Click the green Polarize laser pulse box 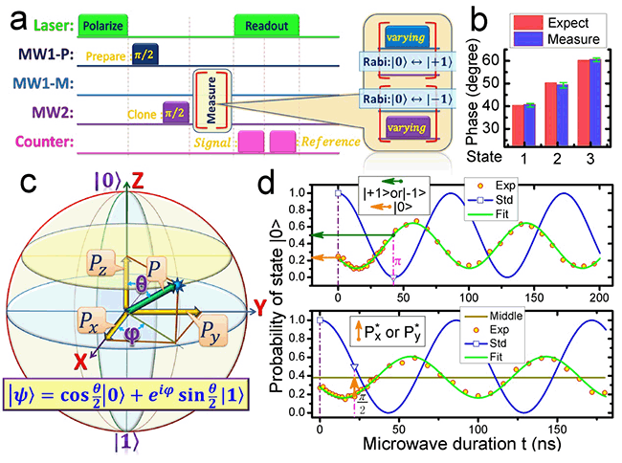coord(102,21)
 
